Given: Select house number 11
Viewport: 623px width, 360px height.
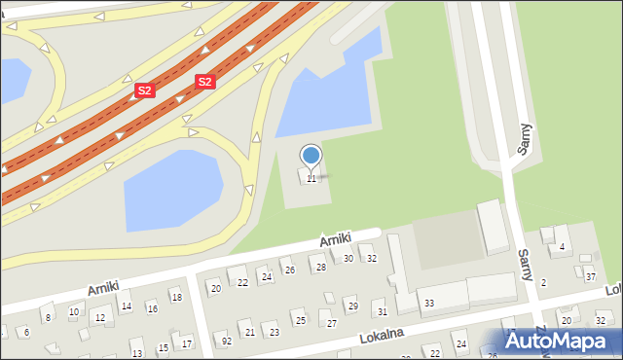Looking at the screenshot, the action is pyautogui.click(x=311, y=178).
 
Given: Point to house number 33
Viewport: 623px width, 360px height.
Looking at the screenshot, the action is pyautogui.click(x=429, y=304).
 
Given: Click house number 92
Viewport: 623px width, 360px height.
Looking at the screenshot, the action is pyautogui.click(x=227, y=341).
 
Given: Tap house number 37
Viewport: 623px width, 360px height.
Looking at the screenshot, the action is pyautogui.click(x=590, y=277).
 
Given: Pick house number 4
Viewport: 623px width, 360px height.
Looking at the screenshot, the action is pyautogui.click(x=562, y=247).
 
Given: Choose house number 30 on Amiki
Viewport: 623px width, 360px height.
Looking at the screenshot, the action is pyautogui.click(x=348, y=258).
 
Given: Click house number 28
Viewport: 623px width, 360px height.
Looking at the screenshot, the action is pyautogui.click(x=320, y=267).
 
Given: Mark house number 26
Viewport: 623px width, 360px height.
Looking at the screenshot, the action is pyautogui.click(x=289, y=270).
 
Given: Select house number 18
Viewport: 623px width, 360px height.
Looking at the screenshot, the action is pyautogui.click(x=176, y=296).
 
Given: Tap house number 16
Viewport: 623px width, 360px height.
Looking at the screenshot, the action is pyautogui.click(x=152, y=308).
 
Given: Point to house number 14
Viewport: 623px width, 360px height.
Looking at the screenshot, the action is pyautogui.click(x=126, y=306).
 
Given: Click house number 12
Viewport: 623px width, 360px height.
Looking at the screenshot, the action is pyautogui.click(x=100, y=318).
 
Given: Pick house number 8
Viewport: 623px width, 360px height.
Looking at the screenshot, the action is pyautogui.click(x=47, y=317).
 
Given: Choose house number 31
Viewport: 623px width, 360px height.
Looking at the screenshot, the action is pyautogui.click(x=382, y=311).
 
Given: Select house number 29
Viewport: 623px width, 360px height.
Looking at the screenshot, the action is pyautogui.click(x=352, y=306).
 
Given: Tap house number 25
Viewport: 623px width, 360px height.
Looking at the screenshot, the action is pyautogui.click(x=298, y=320).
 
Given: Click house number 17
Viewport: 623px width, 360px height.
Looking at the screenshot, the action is pyautogui.click(x=187, y=342).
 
